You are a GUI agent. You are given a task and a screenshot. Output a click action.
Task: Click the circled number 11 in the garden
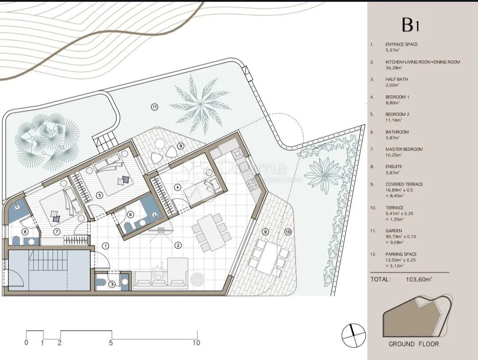click(x=155, y=107)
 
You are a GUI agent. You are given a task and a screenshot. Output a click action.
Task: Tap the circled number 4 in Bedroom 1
click(x=177, y=187)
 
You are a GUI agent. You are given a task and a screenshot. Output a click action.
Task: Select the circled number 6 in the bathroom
click(x=130, y=214)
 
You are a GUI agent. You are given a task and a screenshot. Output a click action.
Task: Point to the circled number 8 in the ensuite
click(x=25, y=232)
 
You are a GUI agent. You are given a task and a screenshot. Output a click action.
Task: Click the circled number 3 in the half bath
click(x=112, y=284)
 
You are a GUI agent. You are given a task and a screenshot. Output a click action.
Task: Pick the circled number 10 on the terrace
click(x=288, y=232)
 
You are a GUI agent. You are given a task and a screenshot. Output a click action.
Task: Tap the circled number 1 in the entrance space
click(x=105, y=246)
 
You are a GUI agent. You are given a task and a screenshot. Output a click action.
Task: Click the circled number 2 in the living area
click(x=178, y=245)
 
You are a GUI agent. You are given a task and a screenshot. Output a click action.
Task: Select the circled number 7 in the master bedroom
click(x=57, y=232)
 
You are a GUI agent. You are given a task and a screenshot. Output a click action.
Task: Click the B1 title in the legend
click(x=410, y=25)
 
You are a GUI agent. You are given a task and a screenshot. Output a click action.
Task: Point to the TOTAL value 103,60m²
click(x=419, y=279)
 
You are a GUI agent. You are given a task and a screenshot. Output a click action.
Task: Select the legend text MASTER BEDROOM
click(x=404, y=149)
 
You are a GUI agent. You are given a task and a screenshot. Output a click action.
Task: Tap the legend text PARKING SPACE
click(x=401, y=254)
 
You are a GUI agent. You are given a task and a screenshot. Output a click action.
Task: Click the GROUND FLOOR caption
click(x=414, y=344)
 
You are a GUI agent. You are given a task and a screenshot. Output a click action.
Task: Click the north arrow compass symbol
click(x=353, y=335)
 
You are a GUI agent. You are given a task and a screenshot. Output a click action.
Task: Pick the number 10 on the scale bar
click(x=197, y=343)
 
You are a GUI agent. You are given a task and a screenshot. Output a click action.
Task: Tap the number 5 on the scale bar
click(x=111, y=343)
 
